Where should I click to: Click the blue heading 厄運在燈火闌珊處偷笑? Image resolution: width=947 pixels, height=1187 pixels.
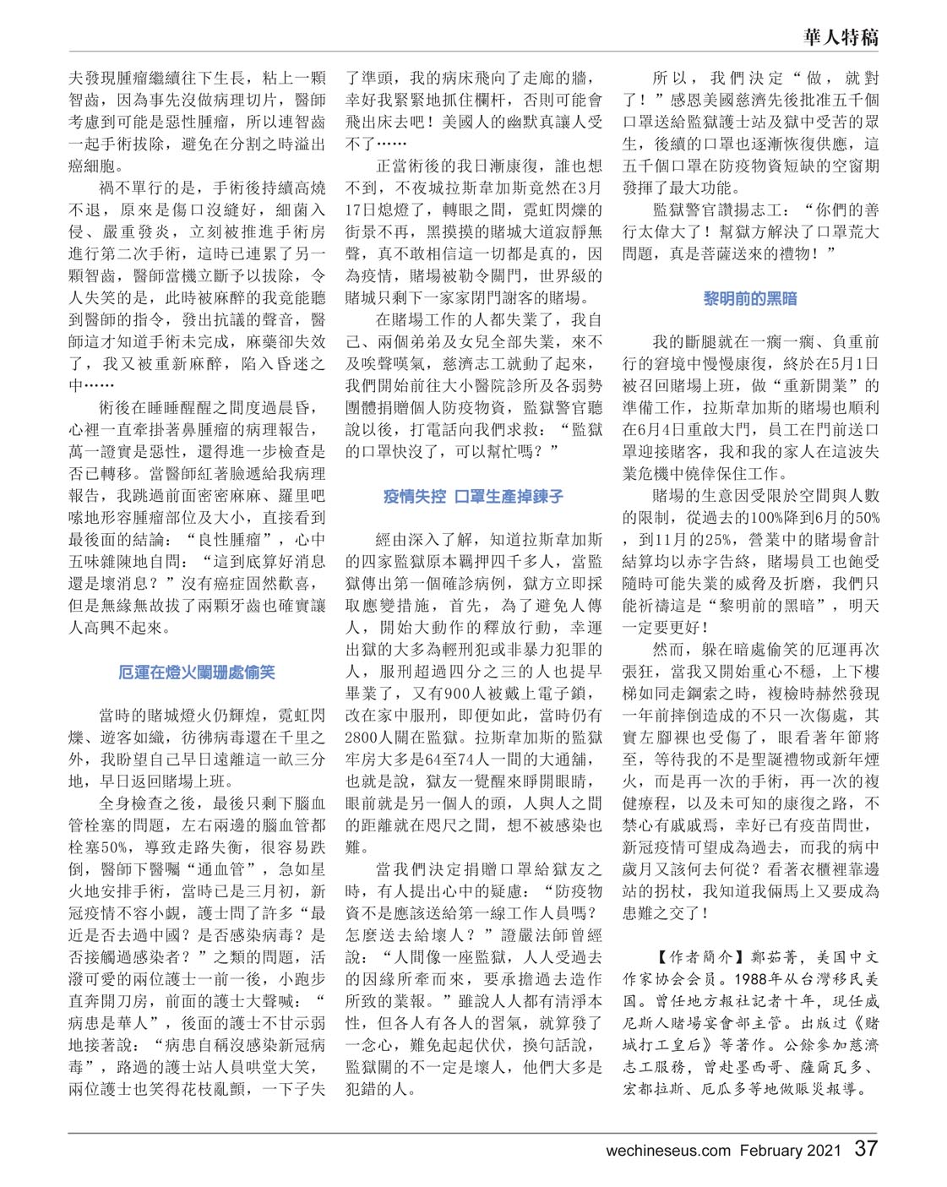(x=197, y=673)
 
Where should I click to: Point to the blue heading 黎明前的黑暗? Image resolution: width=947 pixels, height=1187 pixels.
(x=750, y=298)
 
